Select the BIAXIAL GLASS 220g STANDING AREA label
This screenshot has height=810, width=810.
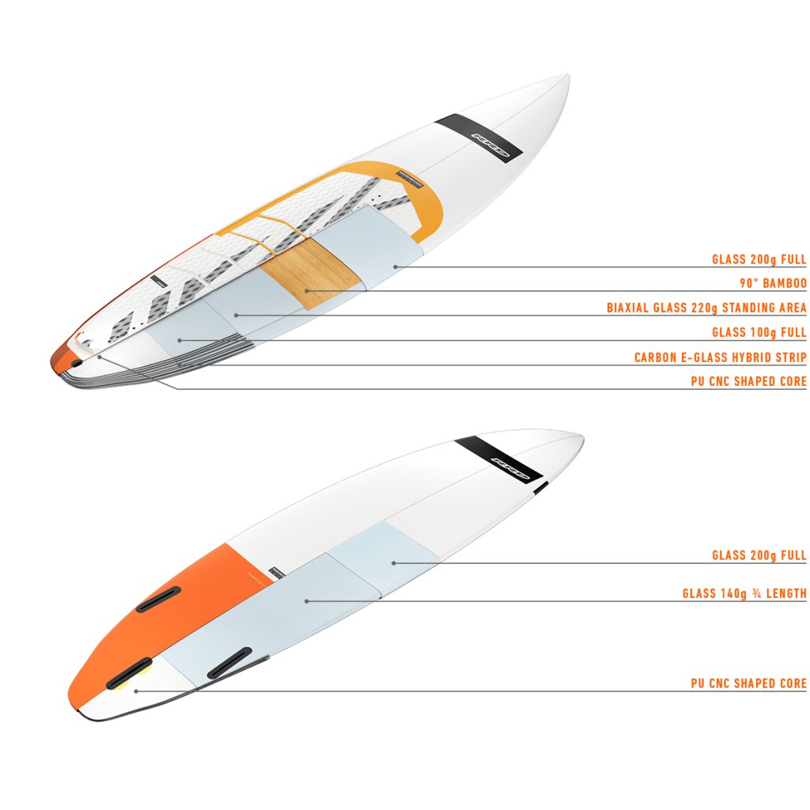(706, 308)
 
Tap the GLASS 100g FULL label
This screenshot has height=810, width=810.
(759, 332)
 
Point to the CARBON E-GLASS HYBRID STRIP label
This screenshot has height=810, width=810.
(720, 358)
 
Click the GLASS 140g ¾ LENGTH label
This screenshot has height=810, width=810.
(744, 593)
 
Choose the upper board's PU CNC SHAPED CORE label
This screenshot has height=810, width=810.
(748, 381)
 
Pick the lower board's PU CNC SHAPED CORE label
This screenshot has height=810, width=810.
(748, 683)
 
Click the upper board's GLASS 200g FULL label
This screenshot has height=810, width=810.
(759, 259)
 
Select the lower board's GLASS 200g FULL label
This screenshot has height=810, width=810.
(759, 555)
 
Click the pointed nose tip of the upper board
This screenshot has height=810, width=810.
(566, 76)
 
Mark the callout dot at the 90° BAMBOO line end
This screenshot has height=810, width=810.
(305, 291)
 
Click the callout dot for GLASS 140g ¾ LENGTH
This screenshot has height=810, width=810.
(307, 601)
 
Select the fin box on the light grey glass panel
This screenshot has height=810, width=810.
(229, 663)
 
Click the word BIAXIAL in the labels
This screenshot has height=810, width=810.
(630, 308)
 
